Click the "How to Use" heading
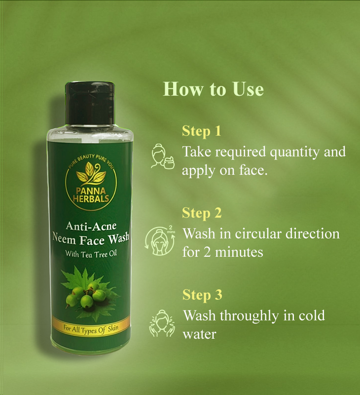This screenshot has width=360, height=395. pyautogui.click(x=214, y=89)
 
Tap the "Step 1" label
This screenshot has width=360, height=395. pyautogui.click(x=201, y=131)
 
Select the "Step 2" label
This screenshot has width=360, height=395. pyautogui.click(x=202, y=213)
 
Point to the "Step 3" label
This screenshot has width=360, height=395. pyautogui.click(x=202, y=295)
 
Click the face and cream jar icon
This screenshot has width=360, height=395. pyautogui.click(x=163, y=156)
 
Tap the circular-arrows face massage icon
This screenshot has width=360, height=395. pyautogui.click(x=160, y=240)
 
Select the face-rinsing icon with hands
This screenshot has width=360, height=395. pyautogui.click(x=162, y=323)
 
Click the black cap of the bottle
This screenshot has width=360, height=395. pyautogui.click(x=90, y=103)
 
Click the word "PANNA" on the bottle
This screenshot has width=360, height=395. pyautogui.click(x=91, y=191)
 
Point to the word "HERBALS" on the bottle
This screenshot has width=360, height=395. pyautogui.click(x=91, y=198)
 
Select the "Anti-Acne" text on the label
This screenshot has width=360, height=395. pyautogui.click(x=91, y=226)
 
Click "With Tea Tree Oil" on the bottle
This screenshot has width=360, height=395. pyautogui.click(x=91, y=254)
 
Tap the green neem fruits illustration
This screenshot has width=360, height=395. pyautogui.click(x=87, y=295)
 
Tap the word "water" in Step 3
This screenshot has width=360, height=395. pyautogui.click(x=199, y=335)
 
